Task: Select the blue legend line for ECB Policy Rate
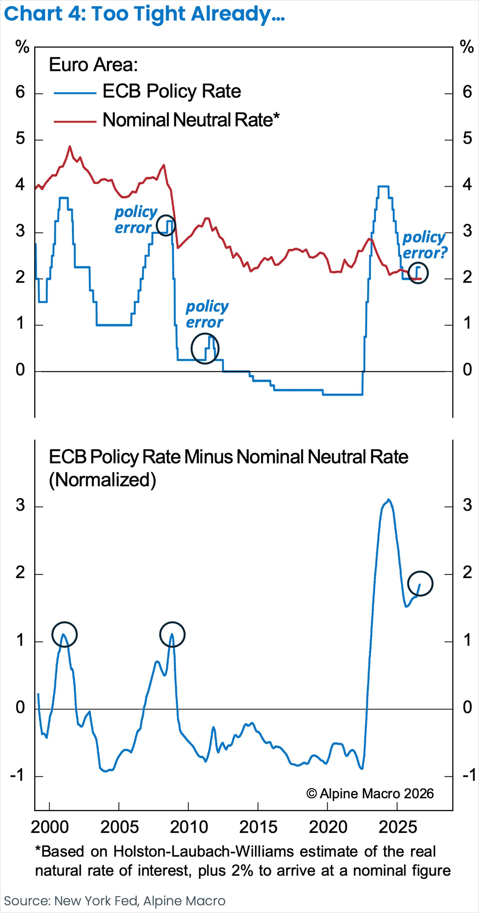75,93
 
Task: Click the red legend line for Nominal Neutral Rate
75,121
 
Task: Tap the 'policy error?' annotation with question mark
425,245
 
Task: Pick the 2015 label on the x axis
258,827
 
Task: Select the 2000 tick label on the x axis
50,827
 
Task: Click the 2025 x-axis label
398,827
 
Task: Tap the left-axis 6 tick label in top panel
20,92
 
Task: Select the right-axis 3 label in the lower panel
467,505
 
